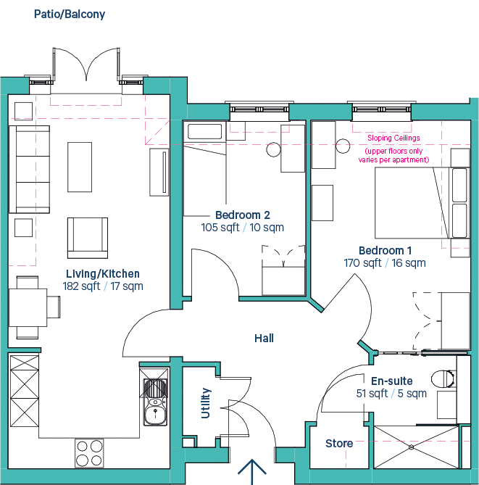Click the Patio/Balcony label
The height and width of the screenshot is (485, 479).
pyautogui.click(x=70, y=14)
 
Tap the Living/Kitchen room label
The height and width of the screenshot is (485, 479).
pyautogui.click(x=103, y=273)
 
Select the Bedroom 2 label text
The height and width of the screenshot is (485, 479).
pyautogui.click(x=242, y=215)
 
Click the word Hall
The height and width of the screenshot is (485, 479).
pyautogui.click(x=264, y=338)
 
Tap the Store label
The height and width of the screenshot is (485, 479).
pyautogui.click(x=338, y=443)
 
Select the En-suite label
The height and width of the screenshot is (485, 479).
pyautogui.click(x=391, y=381)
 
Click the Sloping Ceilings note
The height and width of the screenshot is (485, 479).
pyautogui.click(x=393, y=138)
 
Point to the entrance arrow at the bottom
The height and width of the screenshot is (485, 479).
pyautogui.click(x=252, y=471)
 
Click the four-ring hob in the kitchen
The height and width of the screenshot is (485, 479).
pyautogui.click(x=89, y=452)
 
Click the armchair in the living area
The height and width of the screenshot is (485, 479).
pyautogui.click(x=87, y=237)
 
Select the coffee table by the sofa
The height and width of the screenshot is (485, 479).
pyautogui.click(x=80, y=166)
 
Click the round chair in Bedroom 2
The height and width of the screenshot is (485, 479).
pyautogui.click(x=273, y=150)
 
